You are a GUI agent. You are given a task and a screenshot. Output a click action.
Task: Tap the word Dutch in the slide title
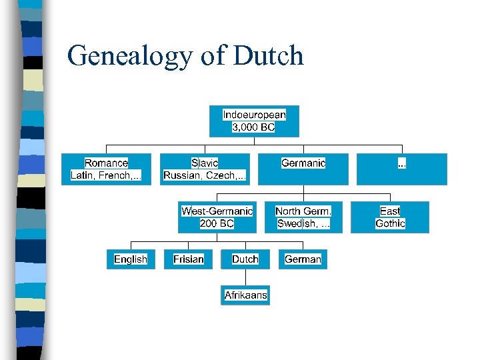(x=269, y=55)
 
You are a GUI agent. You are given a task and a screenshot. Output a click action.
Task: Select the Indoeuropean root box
(x=254, y=121)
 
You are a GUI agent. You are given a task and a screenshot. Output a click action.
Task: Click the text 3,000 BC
(x=253, y=127)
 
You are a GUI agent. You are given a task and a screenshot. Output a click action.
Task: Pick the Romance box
(x=106, y=169)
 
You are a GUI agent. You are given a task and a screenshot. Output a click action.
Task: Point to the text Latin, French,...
(x=106, y=175)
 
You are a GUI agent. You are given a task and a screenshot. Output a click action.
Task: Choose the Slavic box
(x=205, y=169)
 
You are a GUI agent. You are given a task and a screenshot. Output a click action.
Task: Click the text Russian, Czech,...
(x=205, y=175)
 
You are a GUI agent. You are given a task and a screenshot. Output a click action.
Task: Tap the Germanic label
(x=303, y=163)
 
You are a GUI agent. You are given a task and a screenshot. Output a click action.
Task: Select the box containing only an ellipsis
(x=401, y=169)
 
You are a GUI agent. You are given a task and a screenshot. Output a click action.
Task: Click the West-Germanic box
(x=217, y=217)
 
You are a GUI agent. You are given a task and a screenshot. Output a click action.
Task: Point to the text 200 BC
(x=217, y=223)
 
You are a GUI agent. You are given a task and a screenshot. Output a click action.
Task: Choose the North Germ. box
(x=303, y=217)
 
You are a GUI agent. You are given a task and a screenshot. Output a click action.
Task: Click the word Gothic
(x=390, y=223)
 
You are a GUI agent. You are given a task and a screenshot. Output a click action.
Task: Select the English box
(x=131, y=259)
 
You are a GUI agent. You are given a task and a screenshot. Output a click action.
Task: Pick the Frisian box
(x=189, y=259)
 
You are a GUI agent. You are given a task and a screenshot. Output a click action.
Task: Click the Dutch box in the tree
(x=245, y=259)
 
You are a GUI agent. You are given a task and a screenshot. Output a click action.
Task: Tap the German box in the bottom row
(x=303, y=259)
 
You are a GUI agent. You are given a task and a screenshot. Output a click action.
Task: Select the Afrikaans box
(x=245, y=295)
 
